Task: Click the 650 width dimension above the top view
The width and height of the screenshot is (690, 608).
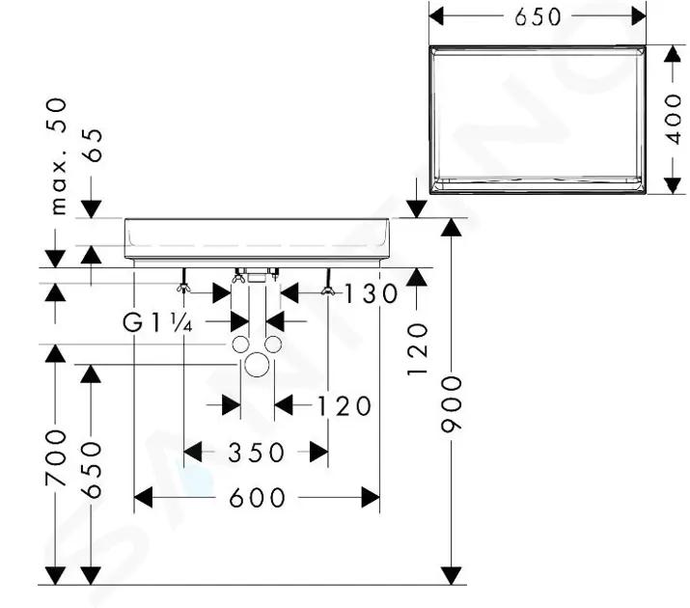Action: (x=538, y=17)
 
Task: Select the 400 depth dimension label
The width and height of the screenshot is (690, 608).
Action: (x=674, y=120)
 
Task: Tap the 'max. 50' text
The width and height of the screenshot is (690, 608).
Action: (x=58, y=156)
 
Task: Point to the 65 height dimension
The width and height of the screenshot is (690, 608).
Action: (x=93, y=145)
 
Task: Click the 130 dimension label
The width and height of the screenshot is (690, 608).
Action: (x=370, y=294)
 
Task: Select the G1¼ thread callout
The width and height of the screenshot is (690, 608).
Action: (x=157, y=324)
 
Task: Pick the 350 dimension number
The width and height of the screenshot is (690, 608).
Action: (x=256, y=453)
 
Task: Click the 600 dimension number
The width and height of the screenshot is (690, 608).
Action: (x=257, y=498)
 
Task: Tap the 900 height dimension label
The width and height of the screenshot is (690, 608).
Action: (x=452, y=403)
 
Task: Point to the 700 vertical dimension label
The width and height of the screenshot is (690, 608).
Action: (x=56, y=457)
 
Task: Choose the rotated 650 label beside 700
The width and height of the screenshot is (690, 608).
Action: (x=92, y=470)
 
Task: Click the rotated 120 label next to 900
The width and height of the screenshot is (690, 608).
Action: (x=417, y=349)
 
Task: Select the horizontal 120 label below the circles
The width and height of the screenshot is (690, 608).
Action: (x=345, y=405)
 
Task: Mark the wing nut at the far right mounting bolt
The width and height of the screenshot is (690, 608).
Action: (x=328, y=290)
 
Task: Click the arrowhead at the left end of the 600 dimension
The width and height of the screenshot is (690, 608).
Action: (x=143, y=498)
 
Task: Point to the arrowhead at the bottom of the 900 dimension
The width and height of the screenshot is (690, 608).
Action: (x=452, y=576)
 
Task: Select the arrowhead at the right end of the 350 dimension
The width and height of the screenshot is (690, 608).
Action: (x=318, y=452)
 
